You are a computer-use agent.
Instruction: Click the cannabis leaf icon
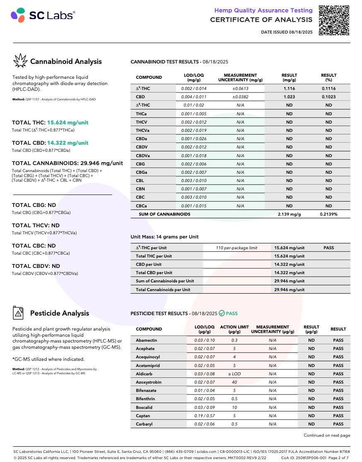(x=20, y=61)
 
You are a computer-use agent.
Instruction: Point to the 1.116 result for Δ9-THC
(x=289, y=88)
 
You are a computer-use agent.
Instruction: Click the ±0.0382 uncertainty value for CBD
(x=240, y=97)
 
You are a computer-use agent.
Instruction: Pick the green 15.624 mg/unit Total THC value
(x=68, y=123)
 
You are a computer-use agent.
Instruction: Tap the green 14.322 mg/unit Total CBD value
(x=68, y=143)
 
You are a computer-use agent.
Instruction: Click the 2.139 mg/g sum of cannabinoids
(x=289, y=214)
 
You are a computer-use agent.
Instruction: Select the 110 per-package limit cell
(x=237, y=248)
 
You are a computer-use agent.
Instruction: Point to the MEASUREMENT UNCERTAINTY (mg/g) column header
(x=240, y=78)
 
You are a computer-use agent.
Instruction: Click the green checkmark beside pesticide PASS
(x=222, y=314)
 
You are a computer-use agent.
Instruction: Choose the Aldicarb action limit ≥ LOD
(x=234, y=374)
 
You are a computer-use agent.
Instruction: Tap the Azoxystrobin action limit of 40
(x=234, y=382)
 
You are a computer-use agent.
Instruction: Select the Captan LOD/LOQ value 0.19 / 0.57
(x=204, y=416)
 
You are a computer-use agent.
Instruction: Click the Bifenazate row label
(x=147, y=390)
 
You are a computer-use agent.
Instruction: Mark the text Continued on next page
(x=326, y=435)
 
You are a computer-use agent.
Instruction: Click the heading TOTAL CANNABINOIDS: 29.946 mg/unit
(x=67, y=163)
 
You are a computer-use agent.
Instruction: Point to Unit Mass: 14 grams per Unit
(x=164, y=237)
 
